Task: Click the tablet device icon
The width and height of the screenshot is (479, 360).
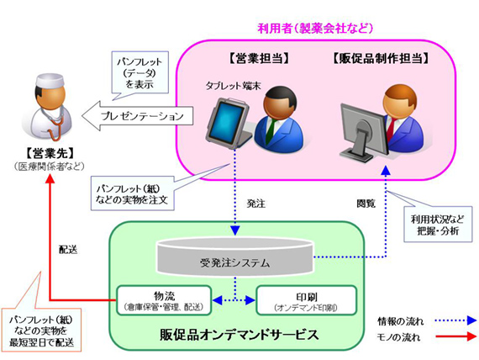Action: click(229, 123)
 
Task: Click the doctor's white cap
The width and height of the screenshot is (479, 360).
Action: click(50, 81)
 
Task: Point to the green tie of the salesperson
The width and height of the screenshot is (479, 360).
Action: click(271, 131)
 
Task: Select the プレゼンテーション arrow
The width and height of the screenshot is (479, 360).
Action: click(138, 116)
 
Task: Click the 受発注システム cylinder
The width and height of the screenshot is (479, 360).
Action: click(235, 257)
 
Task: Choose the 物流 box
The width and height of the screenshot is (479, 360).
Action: click(164, 300)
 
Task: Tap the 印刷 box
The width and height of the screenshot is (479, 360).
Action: click(307, 300)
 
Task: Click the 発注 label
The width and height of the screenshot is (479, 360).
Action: click(256, 204)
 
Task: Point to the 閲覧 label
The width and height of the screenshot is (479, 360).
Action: click(366, 204)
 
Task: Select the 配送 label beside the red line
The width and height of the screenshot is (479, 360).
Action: click(68, 250)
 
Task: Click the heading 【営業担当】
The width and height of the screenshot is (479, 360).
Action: click(259, 58)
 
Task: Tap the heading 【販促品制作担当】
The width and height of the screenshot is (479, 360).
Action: click(381, 58)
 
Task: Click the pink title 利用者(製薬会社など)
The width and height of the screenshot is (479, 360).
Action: click(315, 29)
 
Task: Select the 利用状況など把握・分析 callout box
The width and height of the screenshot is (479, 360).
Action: click(438, 225)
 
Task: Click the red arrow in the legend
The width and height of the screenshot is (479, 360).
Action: click(456, 336)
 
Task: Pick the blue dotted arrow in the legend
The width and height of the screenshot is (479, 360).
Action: click(456, 320)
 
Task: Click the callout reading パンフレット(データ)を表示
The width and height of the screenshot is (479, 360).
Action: click(139, 72)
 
